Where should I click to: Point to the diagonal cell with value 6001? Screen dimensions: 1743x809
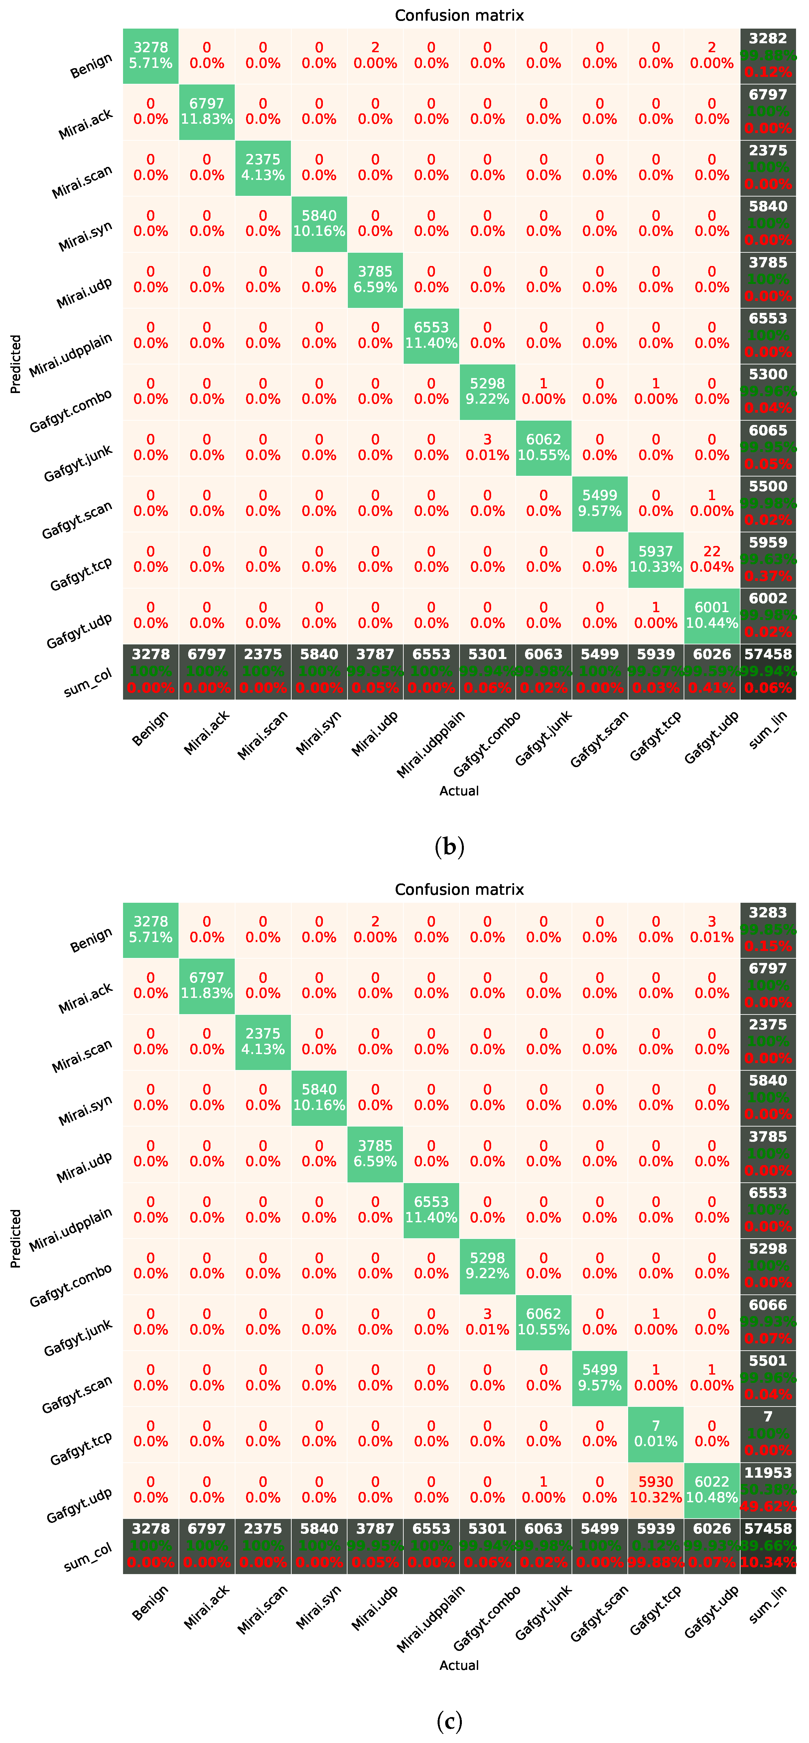click(x=712, y=615)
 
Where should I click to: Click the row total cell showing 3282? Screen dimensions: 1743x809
click(x=768, y=56)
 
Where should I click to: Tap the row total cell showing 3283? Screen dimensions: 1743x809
click(x=768, y=930)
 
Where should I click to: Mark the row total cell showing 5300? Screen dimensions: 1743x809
click(x=768, y=391)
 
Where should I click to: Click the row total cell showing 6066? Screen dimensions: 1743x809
click(x=768, y=1321)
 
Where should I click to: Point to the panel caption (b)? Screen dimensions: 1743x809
click(x=449, y=847)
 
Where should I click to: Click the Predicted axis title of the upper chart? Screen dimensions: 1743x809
click(x=16, y=364)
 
